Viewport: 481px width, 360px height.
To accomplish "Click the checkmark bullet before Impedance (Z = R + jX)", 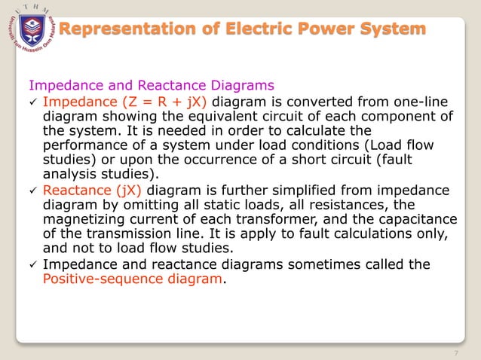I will click(x=31, y=102).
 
